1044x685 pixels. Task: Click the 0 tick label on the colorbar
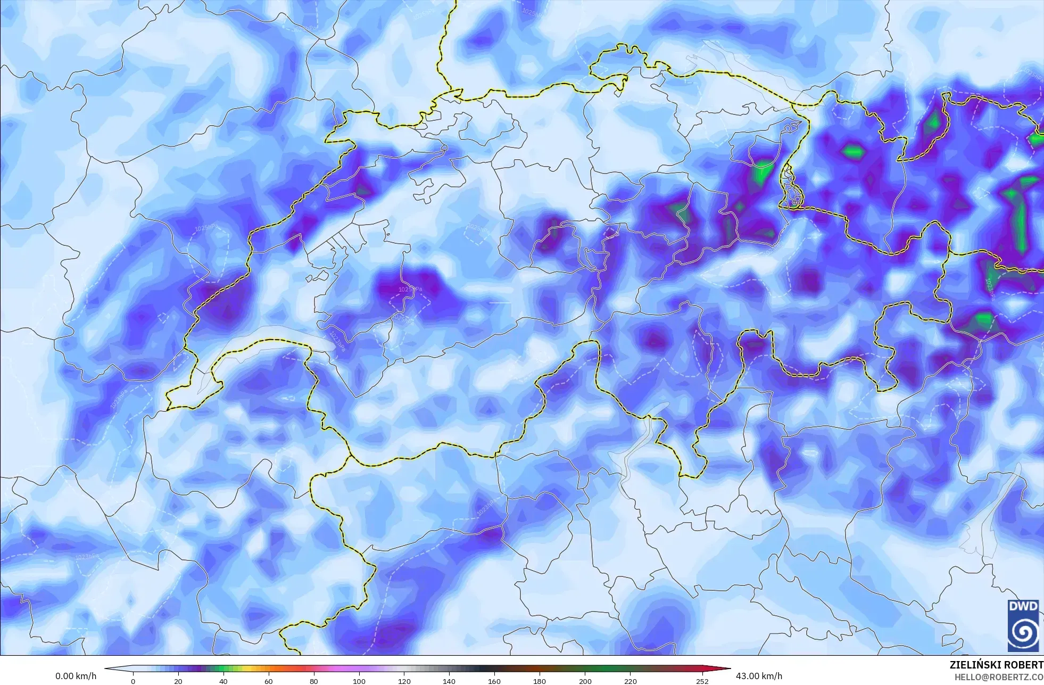(x=133, y=681)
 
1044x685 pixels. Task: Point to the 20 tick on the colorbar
(x=178, y=681)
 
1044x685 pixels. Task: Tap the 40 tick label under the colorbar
(x=223, y=681)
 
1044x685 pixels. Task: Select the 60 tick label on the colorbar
(x=269, y=681)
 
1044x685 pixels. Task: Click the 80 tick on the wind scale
(x=314, y=681)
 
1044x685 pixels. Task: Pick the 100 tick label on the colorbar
(x=359, y=681)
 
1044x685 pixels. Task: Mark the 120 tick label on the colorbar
(x=404, y=681)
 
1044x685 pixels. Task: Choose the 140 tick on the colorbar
(x=449, y=681)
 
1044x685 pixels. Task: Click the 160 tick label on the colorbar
(x=494, y=681)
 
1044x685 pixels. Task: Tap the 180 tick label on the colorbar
(x=540, y=681)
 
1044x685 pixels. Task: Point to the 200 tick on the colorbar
(x=585, y=681)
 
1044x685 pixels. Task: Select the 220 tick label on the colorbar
(x=630, y=681)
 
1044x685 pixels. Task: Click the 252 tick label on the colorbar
(x=702, y=681)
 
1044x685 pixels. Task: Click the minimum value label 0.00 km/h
(x=76, y=676)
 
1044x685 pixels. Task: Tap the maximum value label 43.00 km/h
(x=759, y=676)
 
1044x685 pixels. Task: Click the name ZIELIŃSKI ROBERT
(x=996, y=665)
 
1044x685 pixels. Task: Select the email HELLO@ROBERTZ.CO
(x=998, y=677)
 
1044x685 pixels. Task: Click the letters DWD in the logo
(x=1023, y=607)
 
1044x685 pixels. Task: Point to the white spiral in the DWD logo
(x=1023, y=632)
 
